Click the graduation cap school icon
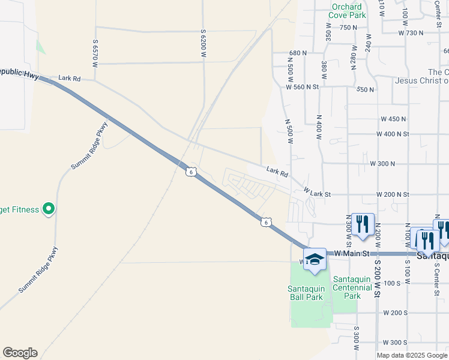click(315, 259)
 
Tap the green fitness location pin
click(49, 209)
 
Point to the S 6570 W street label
click(95, 53)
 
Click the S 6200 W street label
click(203, 46)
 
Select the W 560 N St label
click(309, 87)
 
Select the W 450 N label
click(390, 119)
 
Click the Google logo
click(20, 353)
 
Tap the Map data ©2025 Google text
click(411, 355)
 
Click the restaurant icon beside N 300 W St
click(363, 225)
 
